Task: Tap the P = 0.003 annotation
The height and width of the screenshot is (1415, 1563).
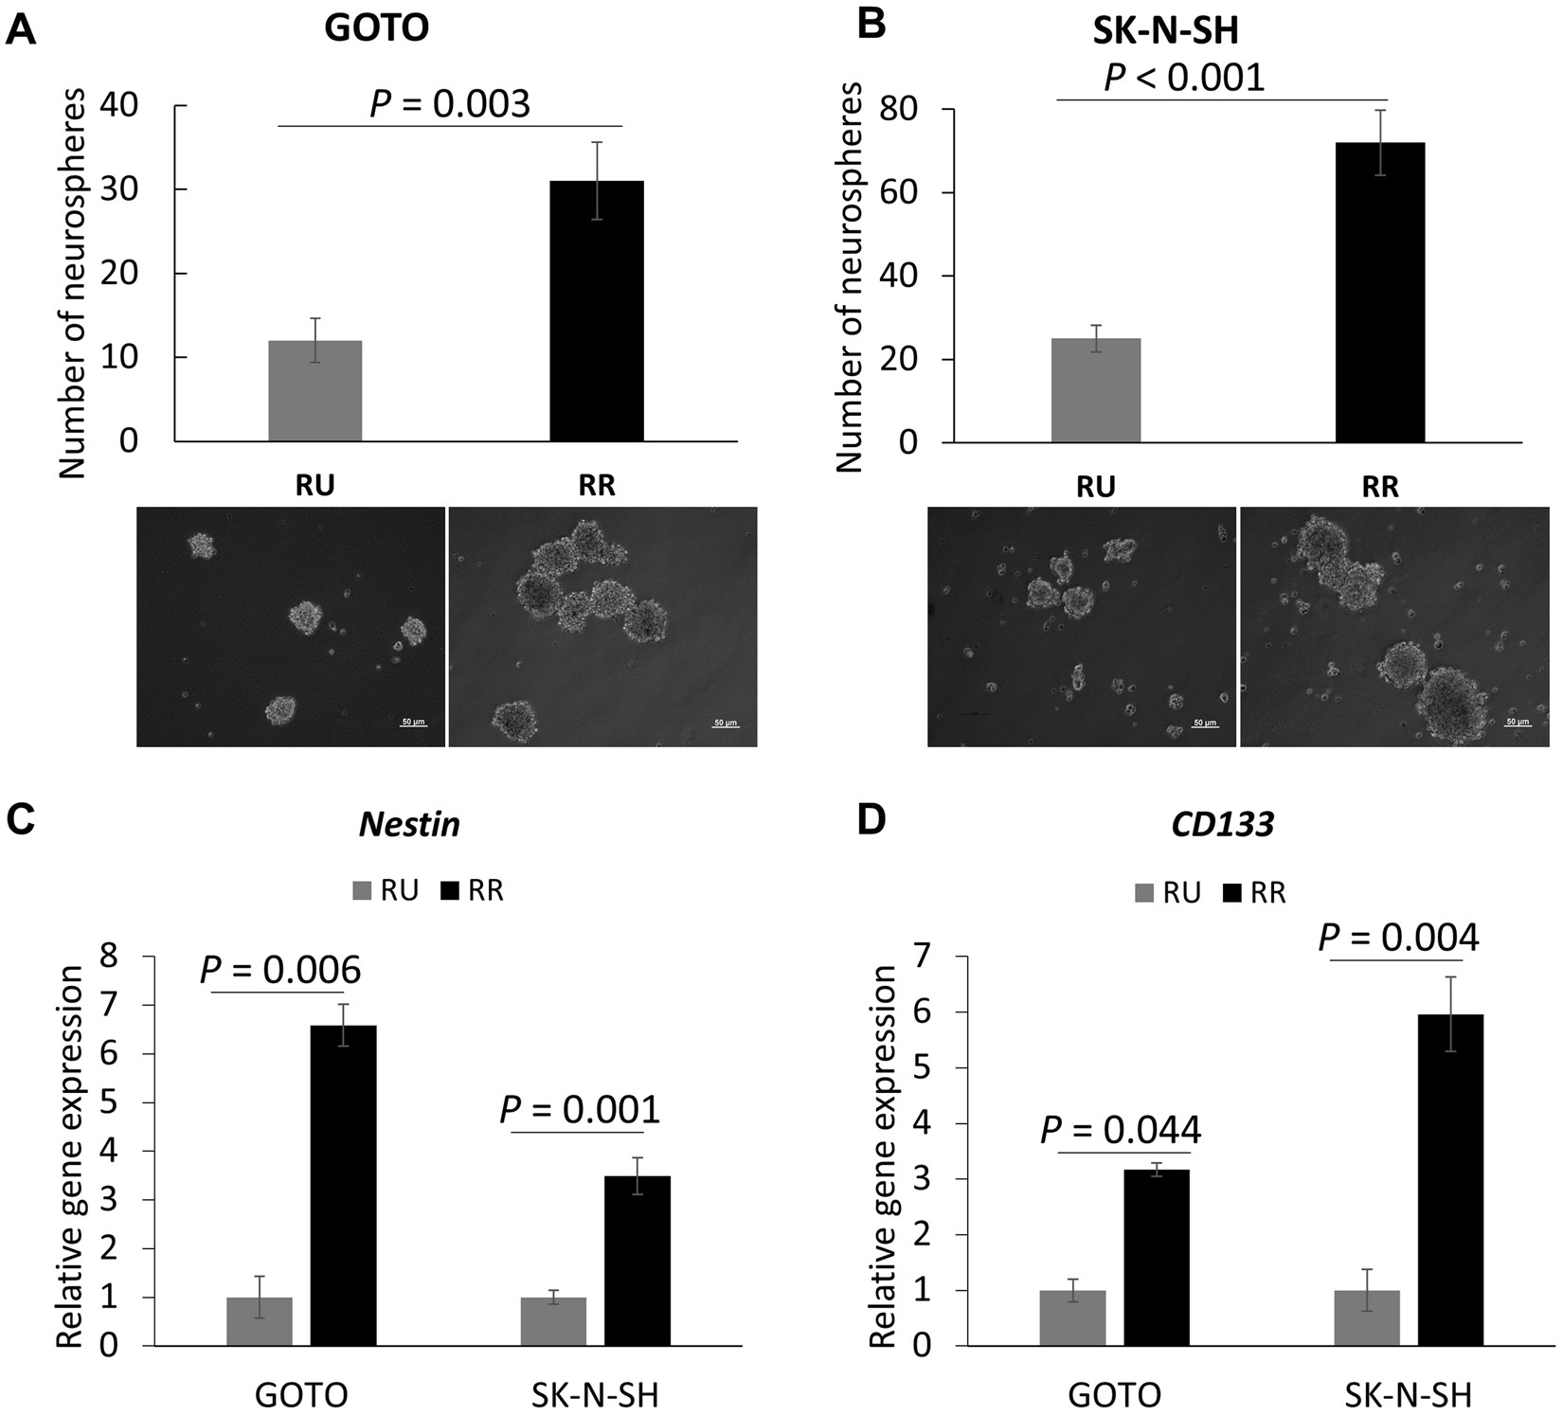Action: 450,104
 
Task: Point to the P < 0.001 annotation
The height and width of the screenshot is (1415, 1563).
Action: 1184,77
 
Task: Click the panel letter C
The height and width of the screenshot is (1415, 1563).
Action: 21,820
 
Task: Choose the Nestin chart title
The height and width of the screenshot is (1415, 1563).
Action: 409,824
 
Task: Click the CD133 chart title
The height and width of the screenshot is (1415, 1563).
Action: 1222,824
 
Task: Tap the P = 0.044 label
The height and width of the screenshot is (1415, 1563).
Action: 1121,1130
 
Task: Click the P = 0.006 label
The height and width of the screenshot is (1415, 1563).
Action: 280,970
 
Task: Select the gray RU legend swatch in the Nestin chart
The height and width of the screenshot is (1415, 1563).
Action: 362,891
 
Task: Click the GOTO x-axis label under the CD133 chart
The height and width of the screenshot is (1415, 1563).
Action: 1114,1395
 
